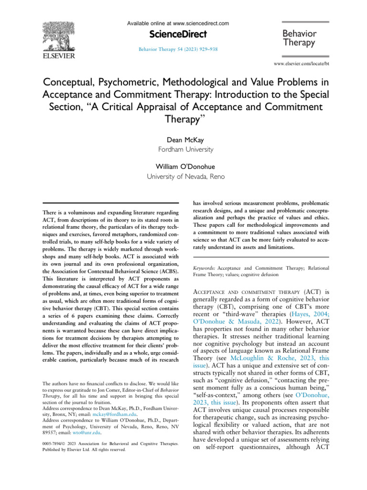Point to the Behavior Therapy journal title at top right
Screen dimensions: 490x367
[x=300, y=38]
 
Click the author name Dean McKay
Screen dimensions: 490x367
[x=183, y=141]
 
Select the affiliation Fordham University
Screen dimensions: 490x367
[x=183, y=150]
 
